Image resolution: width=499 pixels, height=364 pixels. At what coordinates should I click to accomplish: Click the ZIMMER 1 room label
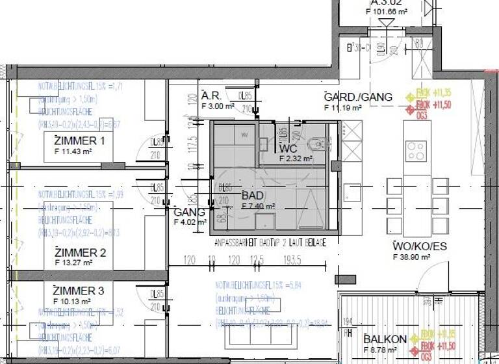pyautogui.click(x=81, y=141)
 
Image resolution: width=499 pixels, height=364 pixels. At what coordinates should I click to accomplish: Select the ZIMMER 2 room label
pyautogui.click(x=81, y=253)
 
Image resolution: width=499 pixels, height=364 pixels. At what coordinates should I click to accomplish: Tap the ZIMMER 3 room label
pyautogui.click(x=79, y=291)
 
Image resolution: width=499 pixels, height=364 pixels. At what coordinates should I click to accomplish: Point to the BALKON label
pyautogui.click(x=385, y=339)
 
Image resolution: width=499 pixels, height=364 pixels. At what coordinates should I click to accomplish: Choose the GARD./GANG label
pyautogui.click(x=358, y=97)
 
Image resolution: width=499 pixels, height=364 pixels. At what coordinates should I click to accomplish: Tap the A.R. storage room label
pyautogui.click(x=212, y=95)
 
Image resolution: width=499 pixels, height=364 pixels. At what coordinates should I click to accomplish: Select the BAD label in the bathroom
pyautogui.click(x=252, y=195)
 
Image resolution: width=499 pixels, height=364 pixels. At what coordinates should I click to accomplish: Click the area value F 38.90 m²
pyautogui.click(x=412, y=257)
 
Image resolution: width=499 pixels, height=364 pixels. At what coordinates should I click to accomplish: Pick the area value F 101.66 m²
pyautogui.click(x=396, y=12)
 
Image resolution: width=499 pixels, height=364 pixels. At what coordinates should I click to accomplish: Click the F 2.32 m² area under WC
pyautogui.click(x=296, y=159)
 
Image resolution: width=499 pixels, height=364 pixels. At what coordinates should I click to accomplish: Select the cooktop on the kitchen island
pyautogui.click(x=416, y=151)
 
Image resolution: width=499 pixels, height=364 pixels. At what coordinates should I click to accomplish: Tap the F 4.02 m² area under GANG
pyautogui.click(x=190, y=222)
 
